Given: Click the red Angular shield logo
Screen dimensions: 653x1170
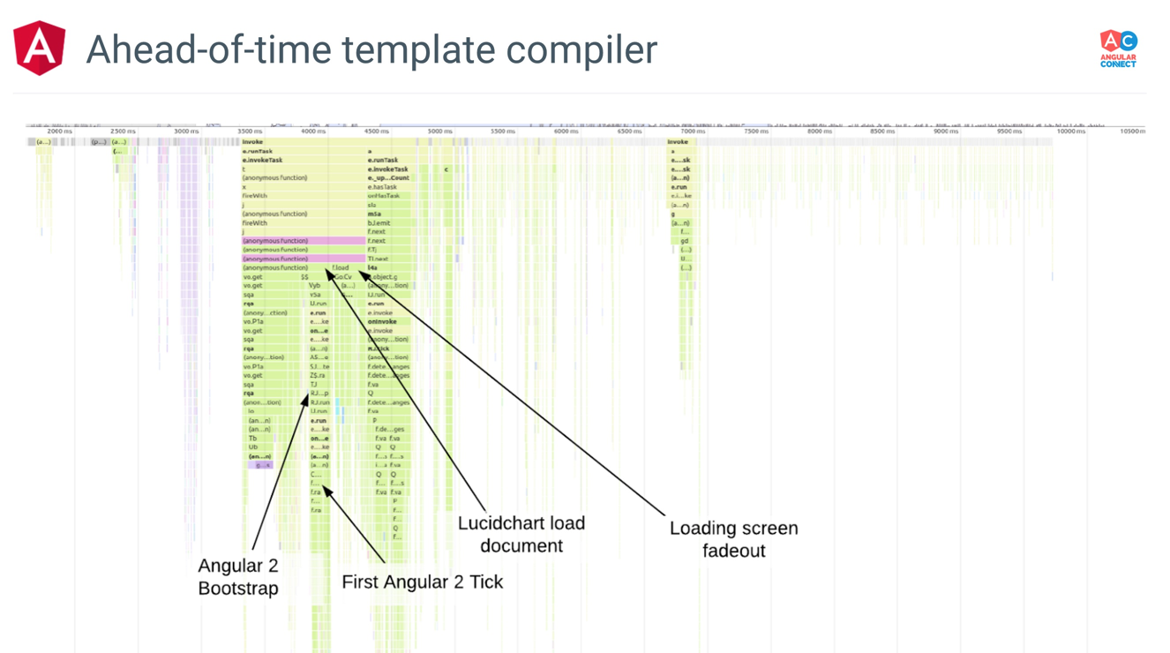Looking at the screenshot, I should pos(40,48).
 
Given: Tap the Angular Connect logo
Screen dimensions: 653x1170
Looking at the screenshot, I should pos(1118,49).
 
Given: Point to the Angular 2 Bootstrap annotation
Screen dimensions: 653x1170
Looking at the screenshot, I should pos(238,576).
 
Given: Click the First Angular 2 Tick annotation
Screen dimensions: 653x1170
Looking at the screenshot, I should pos(422,582).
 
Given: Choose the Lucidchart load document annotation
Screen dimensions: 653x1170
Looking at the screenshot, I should pos(521,534).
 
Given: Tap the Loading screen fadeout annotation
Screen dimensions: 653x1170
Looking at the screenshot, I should pos(733,539).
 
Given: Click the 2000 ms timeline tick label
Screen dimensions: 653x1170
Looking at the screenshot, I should pos(60,131).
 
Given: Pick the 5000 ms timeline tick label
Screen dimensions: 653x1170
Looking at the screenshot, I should pos(439,131).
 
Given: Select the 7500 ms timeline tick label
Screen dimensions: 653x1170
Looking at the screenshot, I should pos(755,131).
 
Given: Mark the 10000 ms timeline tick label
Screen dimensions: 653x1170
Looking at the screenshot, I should pos(1071,131).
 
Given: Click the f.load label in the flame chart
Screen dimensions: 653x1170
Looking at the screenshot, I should pos(341,267).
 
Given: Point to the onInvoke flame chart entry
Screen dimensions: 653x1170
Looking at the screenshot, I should pos(382,321).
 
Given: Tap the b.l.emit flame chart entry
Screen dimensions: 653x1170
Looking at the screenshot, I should pos(379,223).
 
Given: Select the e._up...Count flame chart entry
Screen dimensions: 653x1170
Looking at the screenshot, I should pos(388,177).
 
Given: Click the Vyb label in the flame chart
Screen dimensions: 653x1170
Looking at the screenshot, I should pos(315,286).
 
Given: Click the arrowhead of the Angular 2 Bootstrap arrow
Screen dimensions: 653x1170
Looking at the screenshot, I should pos(307,399).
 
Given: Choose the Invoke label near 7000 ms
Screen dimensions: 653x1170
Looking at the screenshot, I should pos(678,141).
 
